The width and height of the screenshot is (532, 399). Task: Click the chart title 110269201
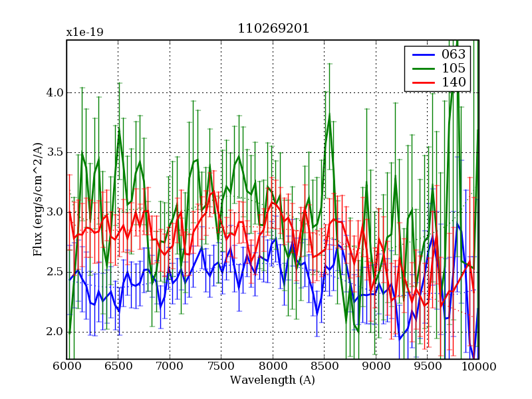[x=273, y=29]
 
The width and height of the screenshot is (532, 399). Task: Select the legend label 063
[x=454, y=54]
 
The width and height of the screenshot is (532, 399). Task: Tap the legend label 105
[x=454, y=68]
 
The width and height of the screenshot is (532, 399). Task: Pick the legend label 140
[x=454, y=82]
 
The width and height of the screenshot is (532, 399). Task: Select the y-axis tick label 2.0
[x=53, y=332]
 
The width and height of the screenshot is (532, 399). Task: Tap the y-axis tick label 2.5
[x=53, y=272]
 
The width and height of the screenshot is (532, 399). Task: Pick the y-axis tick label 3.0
[x=53, y=212]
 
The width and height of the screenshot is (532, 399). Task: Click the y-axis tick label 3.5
[x=53, y=152]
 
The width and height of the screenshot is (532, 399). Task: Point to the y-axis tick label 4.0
[x=53, y=92]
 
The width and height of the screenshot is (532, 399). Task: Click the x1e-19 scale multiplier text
[x=84, y=33]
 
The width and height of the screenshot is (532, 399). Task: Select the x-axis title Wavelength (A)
[x=273, y=380]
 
